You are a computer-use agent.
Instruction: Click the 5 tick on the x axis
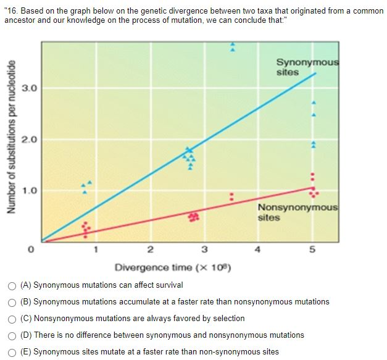point(313,249)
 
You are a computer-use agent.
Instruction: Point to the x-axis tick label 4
point(258,249)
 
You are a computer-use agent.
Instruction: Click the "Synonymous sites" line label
point(307,67)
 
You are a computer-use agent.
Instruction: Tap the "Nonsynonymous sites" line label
point(298,212)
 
